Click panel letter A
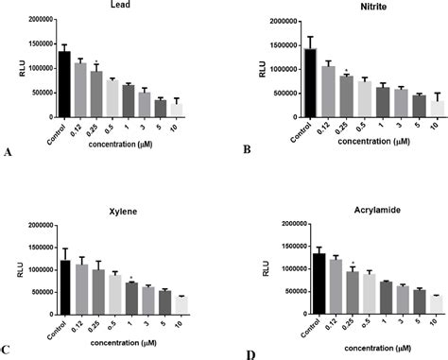(8, 151)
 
